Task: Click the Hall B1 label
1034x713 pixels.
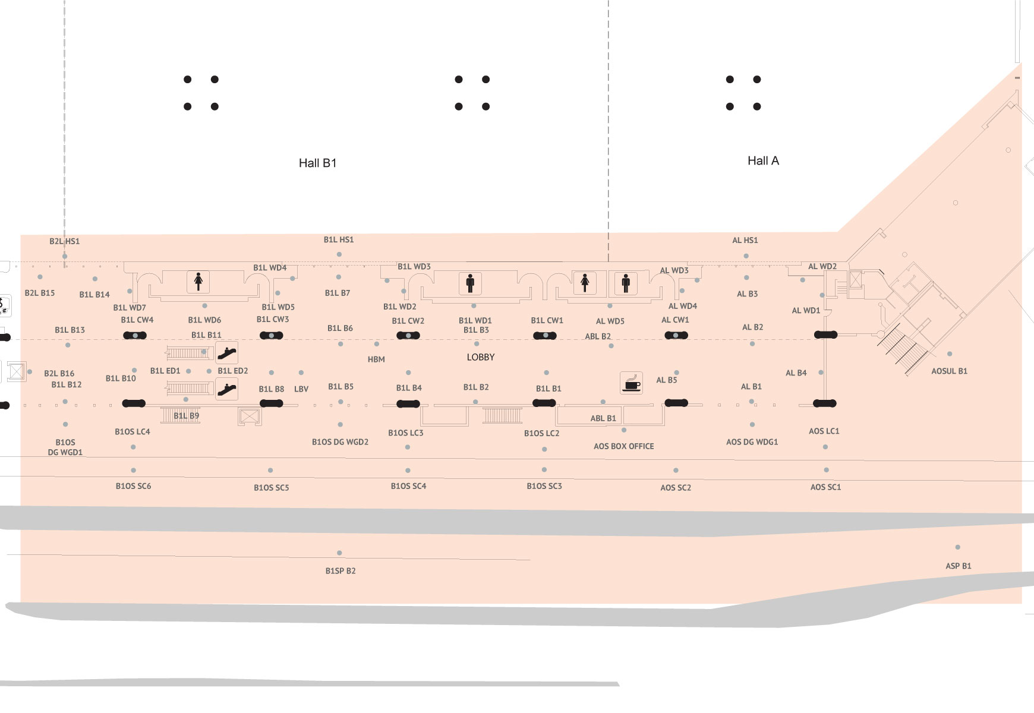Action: (317, 163)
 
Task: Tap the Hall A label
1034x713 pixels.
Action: (763, 160)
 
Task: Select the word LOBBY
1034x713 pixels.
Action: (481, 357)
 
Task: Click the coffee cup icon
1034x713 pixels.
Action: (631, 383)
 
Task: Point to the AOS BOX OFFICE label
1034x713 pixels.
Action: (623, 446)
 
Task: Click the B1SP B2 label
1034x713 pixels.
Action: (341, 571)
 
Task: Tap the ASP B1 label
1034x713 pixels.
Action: (959, 566)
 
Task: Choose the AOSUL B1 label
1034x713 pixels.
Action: (949, 371)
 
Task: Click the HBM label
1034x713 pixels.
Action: (376, 359)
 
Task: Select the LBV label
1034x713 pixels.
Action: (301, 389)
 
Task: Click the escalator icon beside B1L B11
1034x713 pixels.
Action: (226, 353)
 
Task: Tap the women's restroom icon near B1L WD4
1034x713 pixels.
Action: (198, 281)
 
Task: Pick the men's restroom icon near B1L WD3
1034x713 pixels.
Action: (470, 283)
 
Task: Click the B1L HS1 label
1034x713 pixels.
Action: (339, 239)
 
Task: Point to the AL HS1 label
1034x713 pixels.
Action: (745, 240)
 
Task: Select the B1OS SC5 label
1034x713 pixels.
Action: (272, 488)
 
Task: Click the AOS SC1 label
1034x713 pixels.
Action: (826, 487)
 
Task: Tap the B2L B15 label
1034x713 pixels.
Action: (40, 293)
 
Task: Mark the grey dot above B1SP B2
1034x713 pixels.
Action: (339, 553)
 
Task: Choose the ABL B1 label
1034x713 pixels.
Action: (603, 418)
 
